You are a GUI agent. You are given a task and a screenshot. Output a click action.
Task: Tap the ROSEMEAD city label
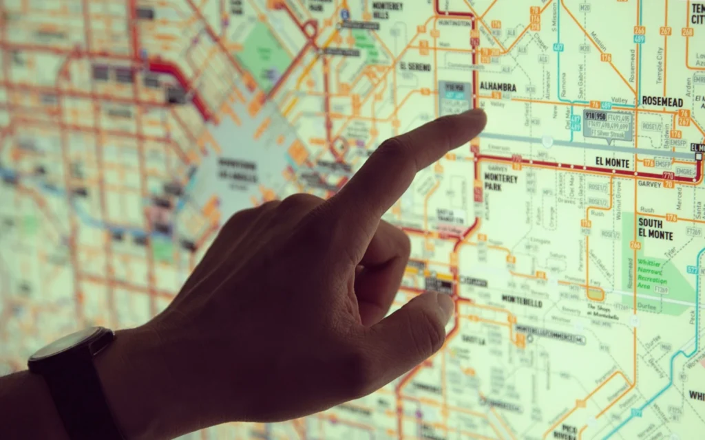click(x=662, y=101)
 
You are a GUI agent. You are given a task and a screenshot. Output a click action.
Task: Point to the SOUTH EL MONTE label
click(x=655, y=229)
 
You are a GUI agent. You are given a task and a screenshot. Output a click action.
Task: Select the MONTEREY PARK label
click(x=501, y=181)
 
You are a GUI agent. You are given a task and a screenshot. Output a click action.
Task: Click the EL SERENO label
click(x=415, y=67)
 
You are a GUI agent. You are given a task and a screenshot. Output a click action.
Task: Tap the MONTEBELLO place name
click(x=522, y=302)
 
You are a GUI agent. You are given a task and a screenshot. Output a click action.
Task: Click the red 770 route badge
click(x=668, y=177)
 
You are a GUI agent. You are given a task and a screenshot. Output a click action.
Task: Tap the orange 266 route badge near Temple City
click(x=639, y=30)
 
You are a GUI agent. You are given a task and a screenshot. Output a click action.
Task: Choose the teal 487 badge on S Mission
click(x=558, y=47)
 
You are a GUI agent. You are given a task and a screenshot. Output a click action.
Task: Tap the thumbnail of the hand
click(x=443, y=306)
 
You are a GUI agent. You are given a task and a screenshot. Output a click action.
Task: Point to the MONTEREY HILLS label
click(x=388, y=10)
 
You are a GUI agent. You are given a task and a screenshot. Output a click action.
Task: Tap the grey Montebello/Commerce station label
click(x=550, y=335)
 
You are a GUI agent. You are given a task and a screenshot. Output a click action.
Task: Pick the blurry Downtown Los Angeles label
click(x=238, y=168)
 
